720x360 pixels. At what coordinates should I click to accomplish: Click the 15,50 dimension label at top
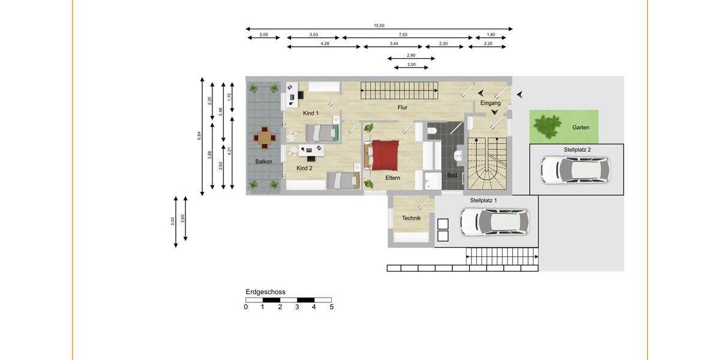(x=379, y=26)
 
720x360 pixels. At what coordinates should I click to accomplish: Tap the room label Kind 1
(x=311, y=113)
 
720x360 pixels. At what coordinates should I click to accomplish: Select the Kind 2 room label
(x=304, y=169)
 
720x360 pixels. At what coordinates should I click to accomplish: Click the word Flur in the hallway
(x=402, y=108)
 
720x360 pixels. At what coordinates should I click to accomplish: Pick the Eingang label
(x=490, y=103)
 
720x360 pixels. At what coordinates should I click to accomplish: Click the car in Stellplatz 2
(x=575, y=170)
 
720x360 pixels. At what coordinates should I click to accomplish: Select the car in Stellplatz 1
(x=494, y=221)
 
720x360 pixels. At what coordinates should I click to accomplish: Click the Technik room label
(x=411, y=218)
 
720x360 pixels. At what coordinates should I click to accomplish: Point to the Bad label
(x=452, y=176)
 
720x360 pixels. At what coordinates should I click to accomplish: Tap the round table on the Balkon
(x=264, y=139)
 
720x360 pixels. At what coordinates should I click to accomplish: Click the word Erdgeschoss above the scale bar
(x=265, y=292)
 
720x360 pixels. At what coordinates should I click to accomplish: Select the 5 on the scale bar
(x=331, y=307)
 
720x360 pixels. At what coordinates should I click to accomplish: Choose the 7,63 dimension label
(x=403, y=35)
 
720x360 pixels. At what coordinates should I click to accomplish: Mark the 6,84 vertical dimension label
(x=199, y=136)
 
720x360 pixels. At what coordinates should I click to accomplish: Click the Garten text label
(x=580, y=128)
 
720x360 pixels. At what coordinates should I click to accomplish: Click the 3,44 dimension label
(x=394, y=44)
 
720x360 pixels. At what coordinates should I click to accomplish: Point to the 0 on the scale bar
(x=246, y=307)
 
